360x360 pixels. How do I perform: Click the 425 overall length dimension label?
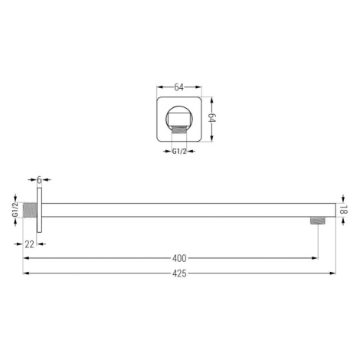[179, 273]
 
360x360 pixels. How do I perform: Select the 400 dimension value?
[179, 258]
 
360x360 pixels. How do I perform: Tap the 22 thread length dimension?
[29, 244]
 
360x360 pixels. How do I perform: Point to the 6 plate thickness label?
[39, 180]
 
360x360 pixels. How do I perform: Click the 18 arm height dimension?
[344, 210]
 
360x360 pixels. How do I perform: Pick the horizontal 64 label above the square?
[178, 87]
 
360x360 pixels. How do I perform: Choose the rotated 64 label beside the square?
[212, 118]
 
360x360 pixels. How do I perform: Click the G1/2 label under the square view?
[179, 151]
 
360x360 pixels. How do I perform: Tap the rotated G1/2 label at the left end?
[15, 210]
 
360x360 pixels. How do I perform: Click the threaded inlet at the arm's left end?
[30, 211]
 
